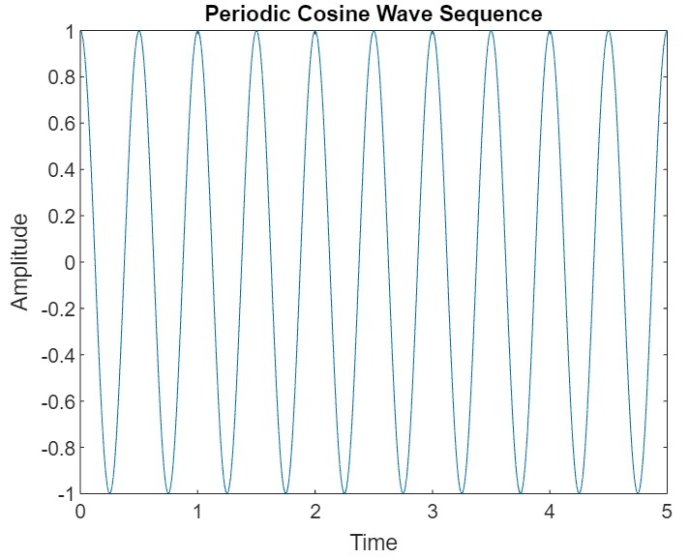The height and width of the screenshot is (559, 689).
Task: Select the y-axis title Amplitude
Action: (x=20, y=261)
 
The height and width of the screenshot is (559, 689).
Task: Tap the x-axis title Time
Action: (x=374, y=543)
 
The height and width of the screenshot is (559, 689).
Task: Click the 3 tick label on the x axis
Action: (x=433, y=511)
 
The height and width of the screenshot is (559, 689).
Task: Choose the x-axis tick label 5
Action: (x=667, y=511)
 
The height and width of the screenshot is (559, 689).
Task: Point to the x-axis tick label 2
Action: (x=315, y=511)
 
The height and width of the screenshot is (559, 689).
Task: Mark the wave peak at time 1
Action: (x=197, y=31)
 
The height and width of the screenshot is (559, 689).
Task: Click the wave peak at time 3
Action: (x=433, y=31)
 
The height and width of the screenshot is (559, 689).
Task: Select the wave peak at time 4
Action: (x=550, y=31)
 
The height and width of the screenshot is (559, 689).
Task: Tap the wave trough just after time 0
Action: (x=109, y=493)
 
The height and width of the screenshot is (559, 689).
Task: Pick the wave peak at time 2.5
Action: (x=374, y=31)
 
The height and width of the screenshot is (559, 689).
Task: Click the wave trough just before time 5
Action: (x=638, y=493)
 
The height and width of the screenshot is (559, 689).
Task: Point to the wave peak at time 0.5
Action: (x=139, y=31)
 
